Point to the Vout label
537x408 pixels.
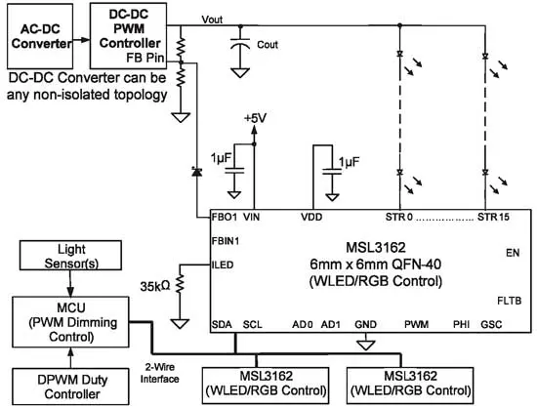pyautogui.click(x=211, y=20)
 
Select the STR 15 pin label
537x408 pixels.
pyautogui.click(x=493, y=216)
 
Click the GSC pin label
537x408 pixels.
pyautogui.click(x=507, y=324)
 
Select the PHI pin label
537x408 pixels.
pyautogui.click(x=461, y=324)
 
